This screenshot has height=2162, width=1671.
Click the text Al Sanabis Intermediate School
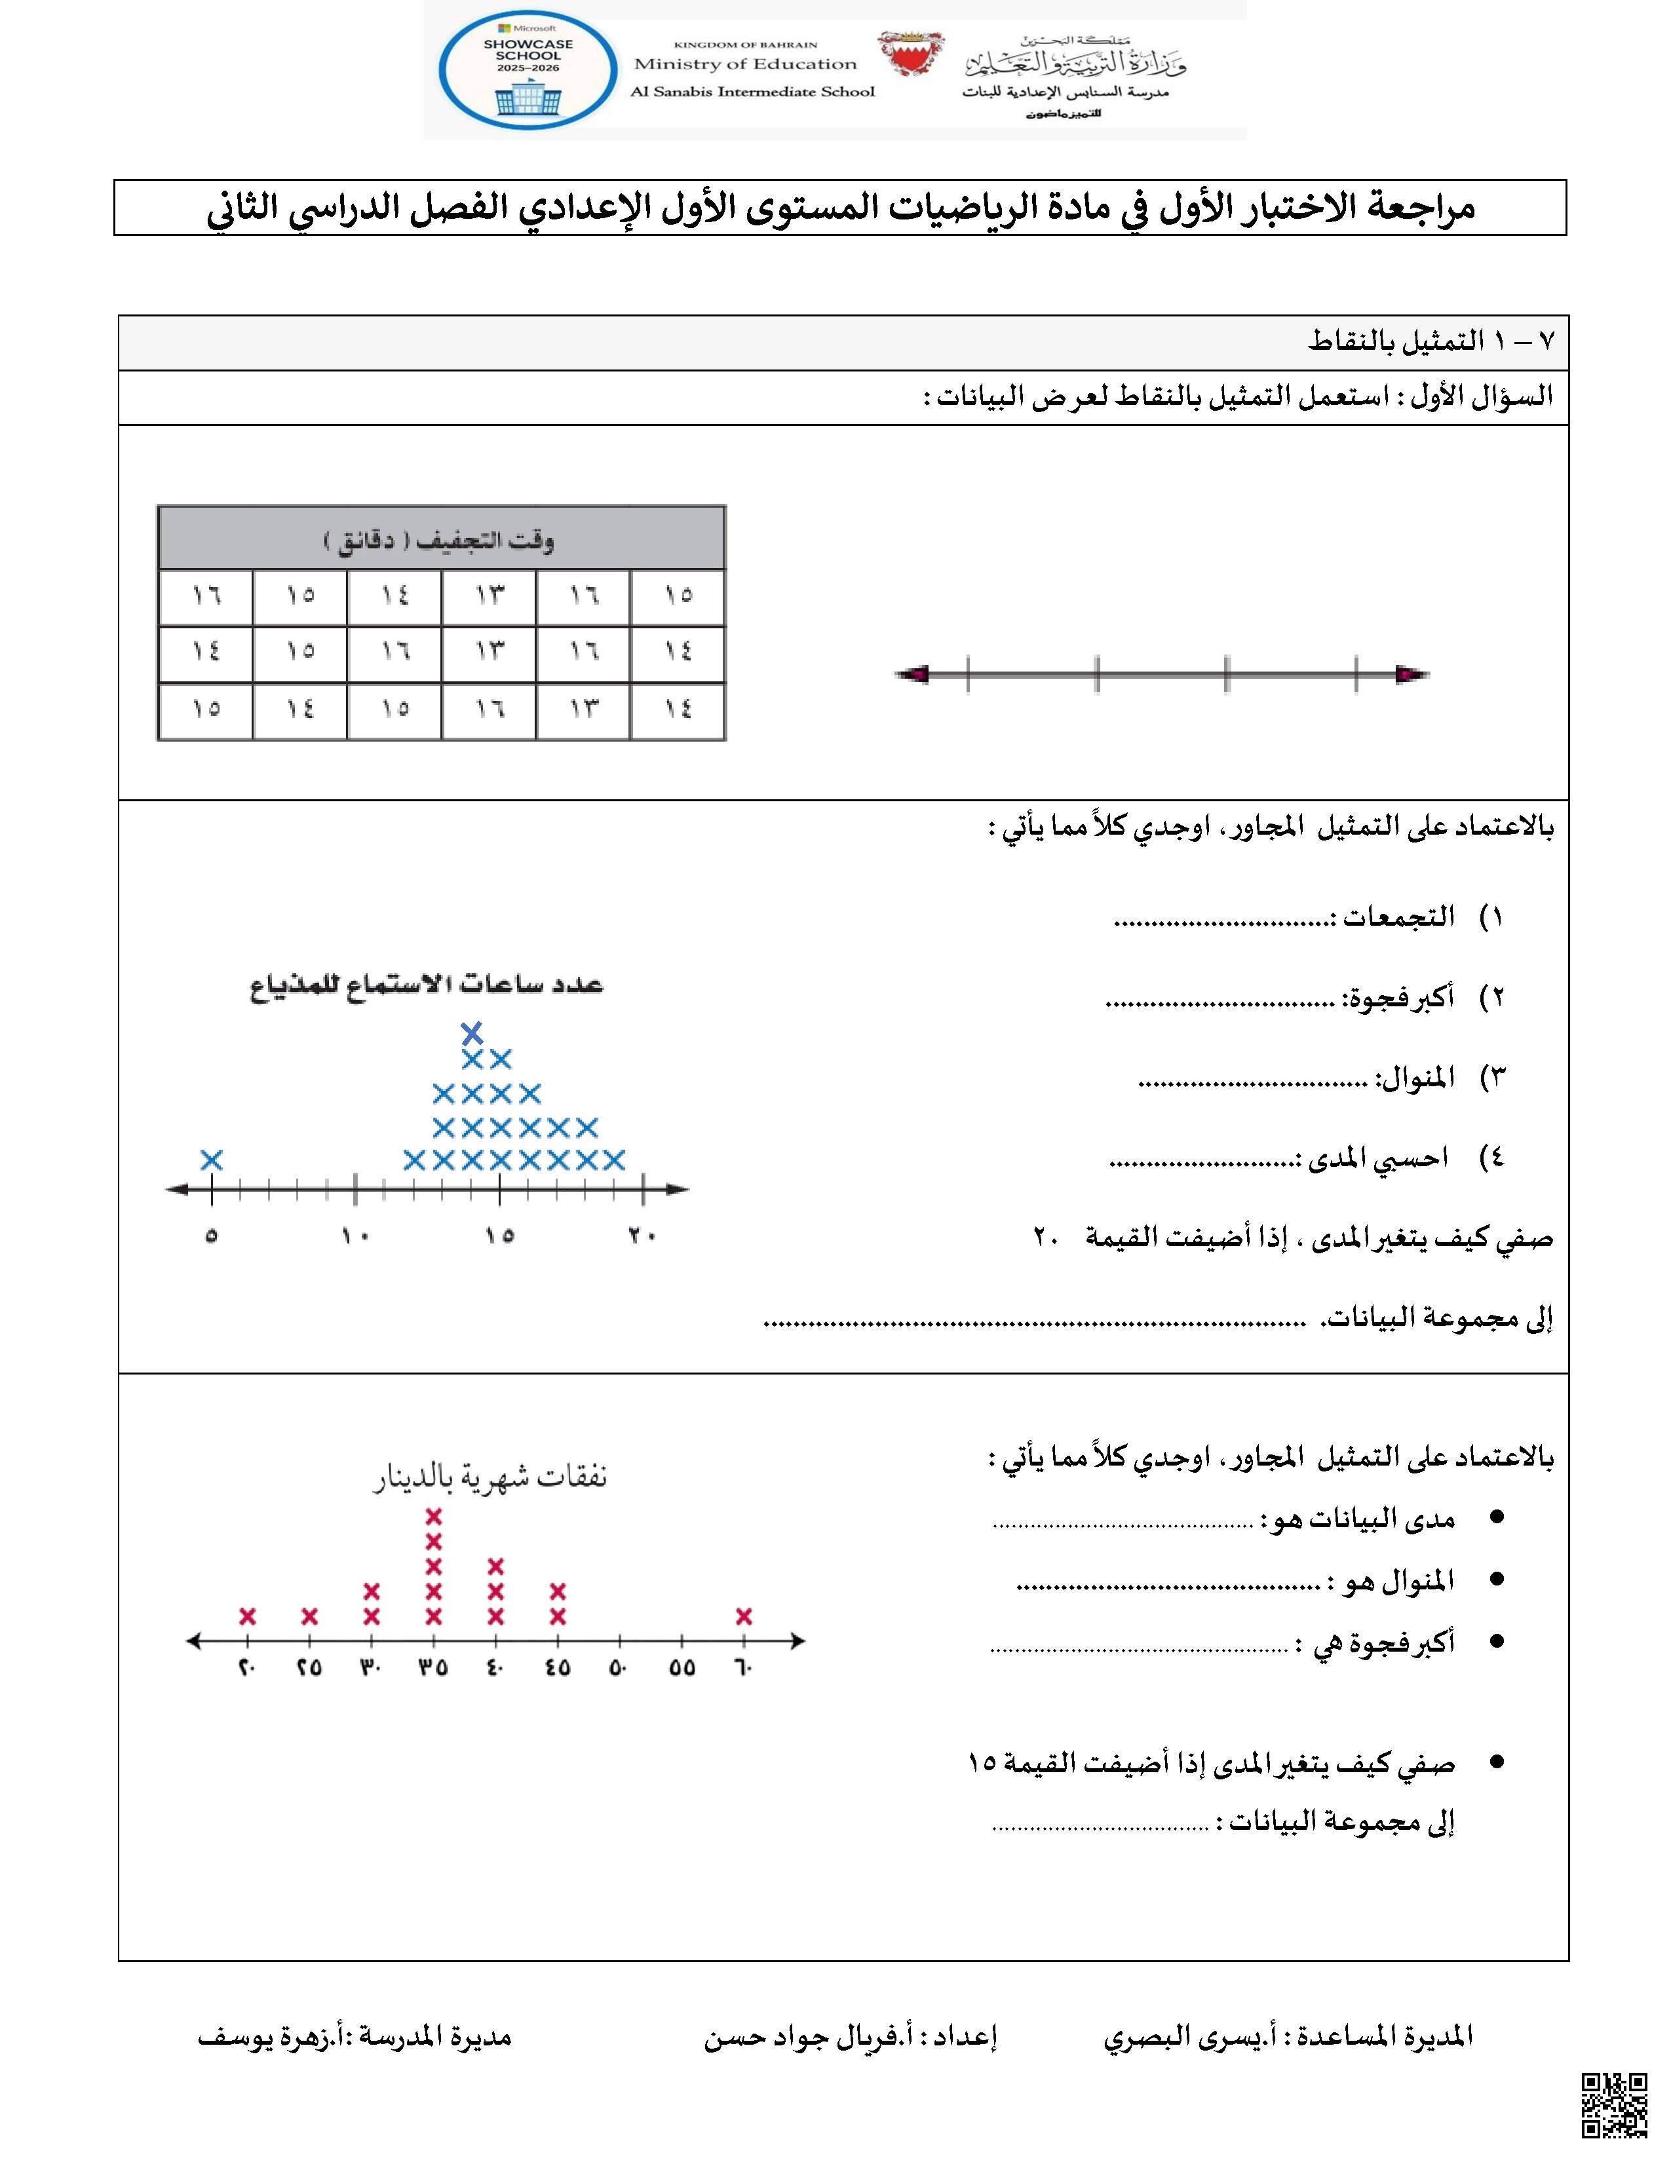click(x=752, y=92)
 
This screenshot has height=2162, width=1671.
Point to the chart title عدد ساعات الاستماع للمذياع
click(x=426, y=984)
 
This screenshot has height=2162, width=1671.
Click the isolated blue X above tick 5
click(x=211, y=1159)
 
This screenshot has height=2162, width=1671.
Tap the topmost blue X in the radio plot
click(x=472, y=1033)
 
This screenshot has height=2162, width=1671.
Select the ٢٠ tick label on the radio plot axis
click(x=642, y=1236)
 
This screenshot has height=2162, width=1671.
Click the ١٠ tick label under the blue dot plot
click(x=355, y=1236)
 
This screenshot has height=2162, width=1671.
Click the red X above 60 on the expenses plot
click(x=744, y=1616)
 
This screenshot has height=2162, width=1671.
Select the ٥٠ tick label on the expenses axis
click(x=619, y=1668)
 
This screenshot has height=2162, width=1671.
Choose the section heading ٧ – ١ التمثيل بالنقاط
click(x=1431, y=341)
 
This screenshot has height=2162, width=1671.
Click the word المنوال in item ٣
click(x=1419, y=1077)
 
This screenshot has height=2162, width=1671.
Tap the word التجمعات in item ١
click(x=1399, y=917)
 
